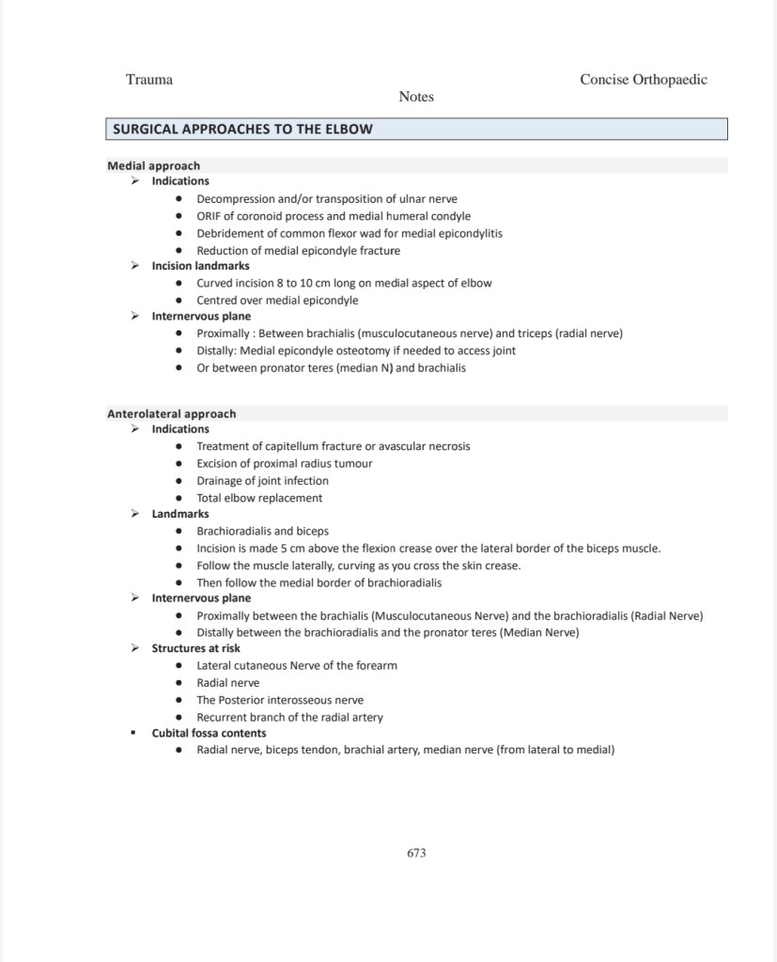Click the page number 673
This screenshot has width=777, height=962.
pyautogui.click(x=416, y=853)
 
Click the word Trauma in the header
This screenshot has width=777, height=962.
pyautogui.click(x=149, y=80)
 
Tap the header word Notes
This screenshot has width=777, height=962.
pyautogui.click(x=416, y=97)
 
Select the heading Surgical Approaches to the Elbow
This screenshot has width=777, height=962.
pyautogui.click(x=242, y=129)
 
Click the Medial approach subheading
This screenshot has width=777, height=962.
pyautogui.click(x=153, y=165)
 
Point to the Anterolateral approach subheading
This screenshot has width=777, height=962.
pyautogui.click(x=171, y=413)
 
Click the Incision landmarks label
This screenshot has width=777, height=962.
pyautogui.click(x=201, y=266)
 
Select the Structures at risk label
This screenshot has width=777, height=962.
pyautogui.click(x=195, y=648)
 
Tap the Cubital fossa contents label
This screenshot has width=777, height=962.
pyautogui.click(x=209, y=733)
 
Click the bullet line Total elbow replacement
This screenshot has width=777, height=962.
pyautogui.click(x=259, y=498)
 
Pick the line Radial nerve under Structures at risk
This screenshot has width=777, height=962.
pyautogui.click(x=227, y=683)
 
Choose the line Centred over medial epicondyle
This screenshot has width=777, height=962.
pyautogui.click(x=277, y=301)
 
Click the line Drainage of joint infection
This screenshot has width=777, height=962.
pyautogui.click(x=262, y=481)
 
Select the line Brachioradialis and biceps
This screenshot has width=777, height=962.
pyautogui.click(x=262, y=531)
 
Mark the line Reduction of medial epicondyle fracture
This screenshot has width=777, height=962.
pyautogui.click(x=298, y=251)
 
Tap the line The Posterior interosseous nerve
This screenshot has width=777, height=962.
pyautogui.click(x=280, y=700)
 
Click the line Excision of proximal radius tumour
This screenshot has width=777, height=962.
pyautogui.click(x=285, y=463)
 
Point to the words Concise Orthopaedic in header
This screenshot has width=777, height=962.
pyautogui.click(x=644, y=80)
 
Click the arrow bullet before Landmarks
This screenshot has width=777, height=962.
pyautogui.click(x=134, y=514)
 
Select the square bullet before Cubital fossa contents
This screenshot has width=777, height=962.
pyautogui.click(x=134, y=733)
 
